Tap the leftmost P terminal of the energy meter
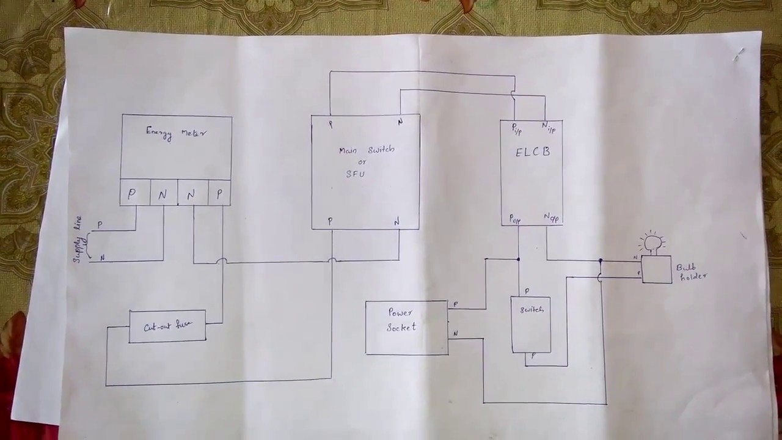tap(131, 194)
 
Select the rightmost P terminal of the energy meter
tap(219, 194)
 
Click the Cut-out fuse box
tap(167, 326)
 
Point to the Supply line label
tap(78, 243)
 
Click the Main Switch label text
tap(367, 150)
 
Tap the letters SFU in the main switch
tap(355, 174)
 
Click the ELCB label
tap(533, 152)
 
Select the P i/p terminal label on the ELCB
tap(516, 129)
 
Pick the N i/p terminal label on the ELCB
tap(548, 128)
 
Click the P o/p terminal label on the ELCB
tap(515, 219)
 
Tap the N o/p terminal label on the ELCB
tap(551, 217)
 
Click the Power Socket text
tap(401, 320)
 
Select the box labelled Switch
tap(531, 324)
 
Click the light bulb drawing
tap(653, 243)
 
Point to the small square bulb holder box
tap(656, 269)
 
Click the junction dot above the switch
tap(519, 259)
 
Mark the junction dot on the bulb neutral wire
tap(601, 261)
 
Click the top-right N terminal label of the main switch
tap(400, 122)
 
